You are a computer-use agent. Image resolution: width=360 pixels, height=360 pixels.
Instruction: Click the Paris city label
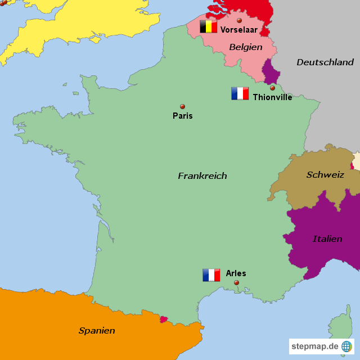(x=182, y=116)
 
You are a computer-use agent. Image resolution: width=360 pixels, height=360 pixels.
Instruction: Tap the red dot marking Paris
(x=182, y=106)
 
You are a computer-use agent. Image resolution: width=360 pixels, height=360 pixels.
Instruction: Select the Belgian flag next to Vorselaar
(x=209, y=26)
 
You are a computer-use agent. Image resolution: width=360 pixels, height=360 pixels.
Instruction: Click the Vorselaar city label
(x=239, y=30)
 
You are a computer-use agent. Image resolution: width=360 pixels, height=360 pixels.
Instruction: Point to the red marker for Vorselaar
(x=239, y=20)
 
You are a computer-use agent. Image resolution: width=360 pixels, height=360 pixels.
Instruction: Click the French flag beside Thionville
(x=240, y=93)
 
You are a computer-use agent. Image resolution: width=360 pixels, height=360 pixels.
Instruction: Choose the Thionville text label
(x=272, y=97)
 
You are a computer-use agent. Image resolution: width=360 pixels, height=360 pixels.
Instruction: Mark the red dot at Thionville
(x=272, y=88)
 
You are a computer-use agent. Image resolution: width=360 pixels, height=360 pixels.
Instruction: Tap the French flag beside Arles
(x=211, y=274)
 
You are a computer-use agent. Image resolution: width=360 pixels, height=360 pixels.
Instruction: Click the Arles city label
(x=236, y=273)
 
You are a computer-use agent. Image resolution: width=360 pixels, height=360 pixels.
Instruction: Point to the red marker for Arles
(x=236, y=282)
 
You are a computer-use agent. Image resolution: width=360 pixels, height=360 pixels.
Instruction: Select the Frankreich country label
(x=202, y=176)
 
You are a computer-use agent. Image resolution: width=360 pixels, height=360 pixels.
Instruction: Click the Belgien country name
(x=246, y=47)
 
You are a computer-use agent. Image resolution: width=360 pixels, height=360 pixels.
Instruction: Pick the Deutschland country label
(x=325, y=62)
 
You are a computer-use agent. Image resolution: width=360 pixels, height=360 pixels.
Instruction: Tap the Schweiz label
(x=325, y=175)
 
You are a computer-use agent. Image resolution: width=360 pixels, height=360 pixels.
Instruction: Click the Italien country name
(x=327, y=239)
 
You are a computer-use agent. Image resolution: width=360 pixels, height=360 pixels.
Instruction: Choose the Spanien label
(x=97, y=331)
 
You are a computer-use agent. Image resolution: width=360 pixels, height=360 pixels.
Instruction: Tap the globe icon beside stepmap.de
(x=346, y=346)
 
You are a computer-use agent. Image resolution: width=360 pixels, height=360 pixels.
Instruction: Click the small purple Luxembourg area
(x=272, y=74)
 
